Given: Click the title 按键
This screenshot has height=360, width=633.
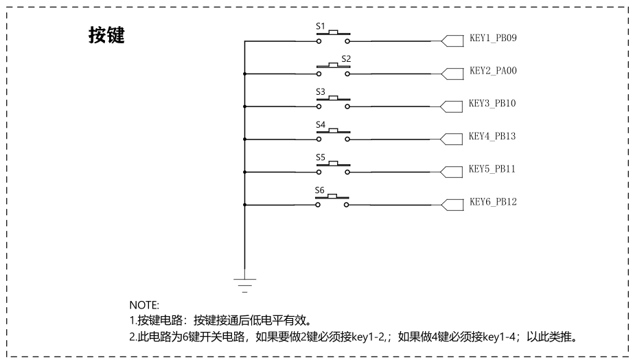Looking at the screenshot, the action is point(106,35).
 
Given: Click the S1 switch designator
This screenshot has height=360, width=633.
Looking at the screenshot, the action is point(321,26).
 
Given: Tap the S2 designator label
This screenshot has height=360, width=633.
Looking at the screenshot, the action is point(346,59).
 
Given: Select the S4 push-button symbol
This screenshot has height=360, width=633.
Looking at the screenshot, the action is point(334,135).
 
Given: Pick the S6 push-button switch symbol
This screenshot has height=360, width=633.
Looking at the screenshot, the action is point(333,201).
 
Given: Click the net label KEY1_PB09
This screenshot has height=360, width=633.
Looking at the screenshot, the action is point(493,38).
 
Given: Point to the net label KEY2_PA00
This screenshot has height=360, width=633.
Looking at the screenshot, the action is point(493,71).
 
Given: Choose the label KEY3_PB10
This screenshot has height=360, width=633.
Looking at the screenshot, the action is point(492,104).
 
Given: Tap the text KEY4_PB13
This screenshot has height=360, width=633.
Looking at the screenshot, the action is point(492,136).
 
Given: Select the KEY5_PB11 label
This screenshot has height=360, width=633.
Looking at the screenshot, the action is point(492,169).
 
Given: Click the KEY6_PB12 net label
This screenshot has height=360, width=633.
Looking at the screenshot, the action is point(493,201).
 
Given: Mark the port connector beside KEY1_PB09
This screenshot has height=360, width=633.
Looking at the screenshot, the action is point(452,41).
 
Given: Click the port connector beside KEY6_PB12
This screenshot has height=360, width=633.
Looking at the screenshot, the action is point(452,205).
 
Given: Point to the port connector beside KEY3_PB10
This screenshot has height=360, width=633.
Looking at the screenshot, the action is point(451,106).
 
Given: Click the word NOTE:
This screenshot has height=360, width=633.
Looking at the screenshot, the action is point(144,305).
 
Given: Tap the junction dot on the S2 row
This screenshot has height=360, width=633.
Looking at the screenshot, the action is point(244,74).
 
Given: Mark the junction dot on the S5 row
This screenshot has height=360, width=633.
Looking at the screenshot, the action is point(244,172).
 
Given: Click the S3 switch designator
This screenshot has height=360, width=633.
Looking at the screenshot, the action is point(321,91).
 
